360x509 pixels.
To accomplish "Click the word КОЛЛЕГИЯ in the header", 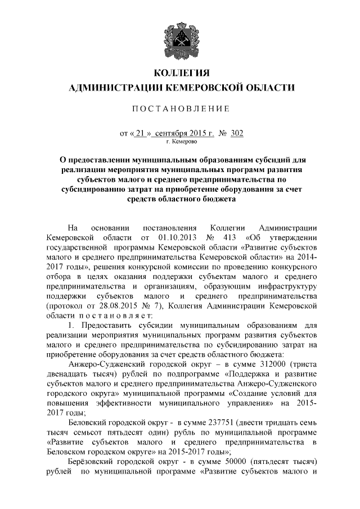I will click(x=181, y=73).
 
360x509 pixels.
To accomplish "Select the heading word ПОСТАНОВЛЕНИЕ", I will click(x=181, y=108).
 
